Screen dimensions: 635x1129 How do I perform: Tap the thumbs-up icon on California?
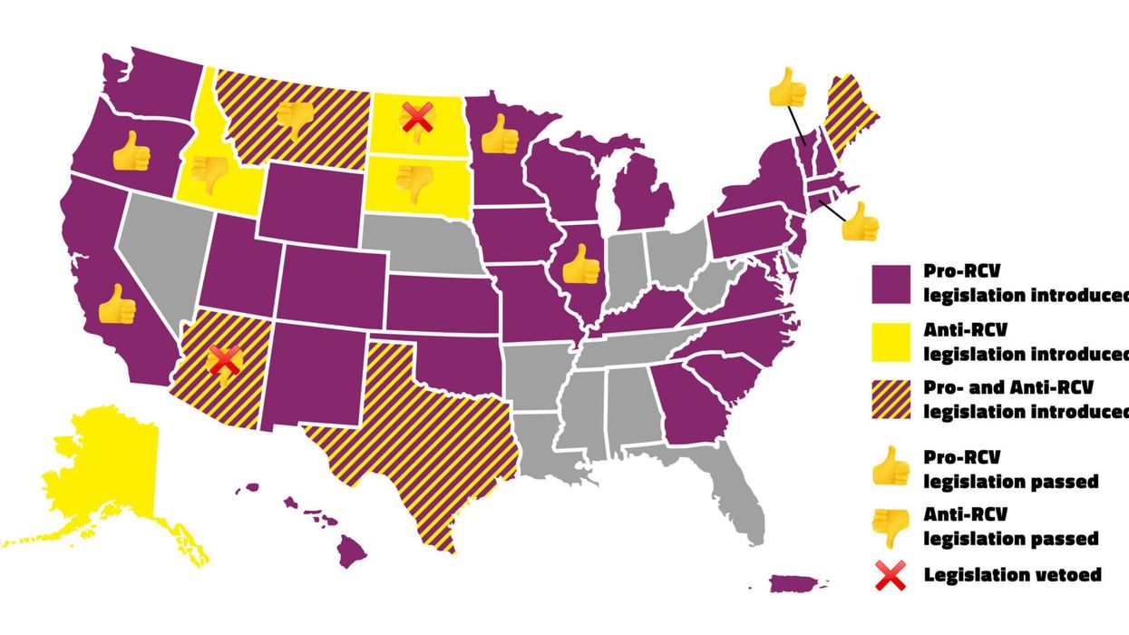[x=116, y=305]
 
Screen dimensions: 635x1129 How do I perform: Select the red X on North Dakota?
[x=417, y=117]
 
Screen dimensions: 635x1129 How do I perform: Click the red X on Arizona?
[x=223, y=359]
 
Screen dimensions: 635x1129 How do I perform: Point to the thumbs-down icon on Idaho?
[x=209, y=172]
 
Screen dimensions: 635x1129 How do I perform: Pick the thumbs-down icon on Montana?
[x=295, y=119]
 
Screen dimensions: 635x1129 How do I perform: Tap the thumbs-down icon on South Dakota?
[x=415, y=182]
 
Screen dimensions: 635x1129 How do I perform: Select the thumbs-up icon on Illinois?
[x=580, y=265]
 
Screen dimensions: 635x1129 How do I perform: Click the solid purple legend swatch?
[x=891, y=284]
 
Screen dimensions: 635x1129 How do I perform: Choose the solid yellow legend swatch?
[x=891, y=342]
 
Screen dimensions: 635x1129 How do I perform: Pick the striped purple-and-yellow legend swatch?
[x=891, y=399]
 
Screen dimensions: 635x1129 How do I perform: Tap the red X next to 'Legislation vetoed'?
[x=891, y=575]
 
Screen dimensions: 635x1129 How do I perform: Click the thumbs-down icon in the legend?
[x=891, y=527]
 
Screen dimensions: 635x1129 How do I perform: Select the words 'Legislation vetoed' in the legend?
[x=1013, y=575]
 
